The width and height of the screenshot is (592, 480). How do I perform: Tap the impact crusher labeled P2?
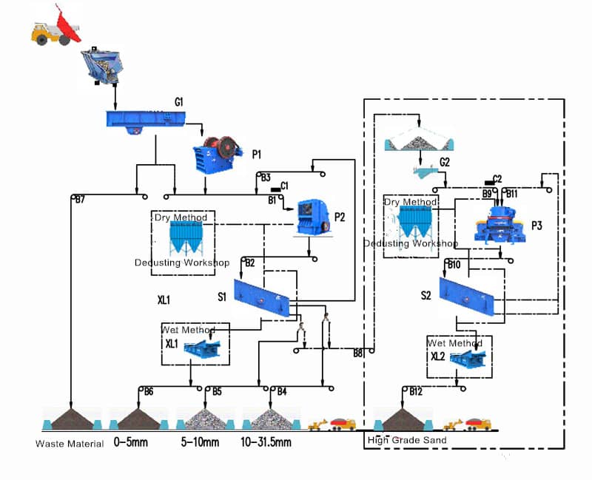coord(312,217)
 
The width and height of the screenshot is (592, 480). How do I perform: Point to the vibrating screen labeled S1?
coord(260,299)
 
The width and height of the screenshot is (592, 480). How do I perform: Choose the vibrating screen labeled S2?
coord(466,297)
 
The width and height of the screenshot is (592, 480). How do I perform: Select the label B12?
coord(417,391)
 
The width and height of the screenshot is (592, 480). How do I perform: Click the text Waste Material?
coord(70,444)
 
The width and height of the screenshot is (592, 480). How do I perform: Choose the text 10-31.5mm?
coord(266,443)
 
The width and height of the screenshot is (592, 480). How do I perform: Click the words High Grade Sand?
coord(407,441)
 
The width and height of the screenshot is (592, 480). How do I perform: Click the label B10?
coord(454,264)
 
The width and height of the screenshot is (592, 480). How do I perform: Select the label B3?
coord(266,178)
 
